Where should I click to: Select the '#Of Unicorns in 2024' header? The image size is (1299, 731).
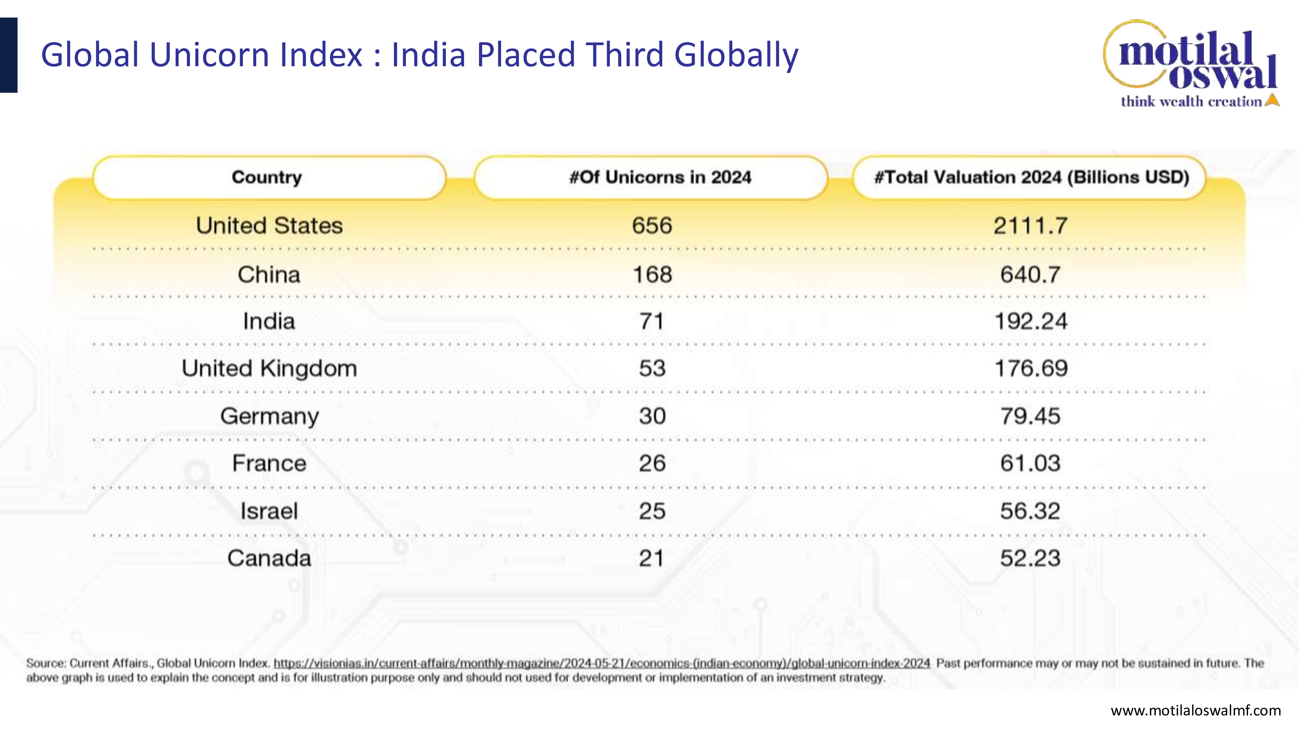660,177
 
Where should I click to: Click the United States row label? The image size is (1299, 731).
269,225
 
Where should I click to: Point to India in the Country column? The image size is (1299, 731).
269,321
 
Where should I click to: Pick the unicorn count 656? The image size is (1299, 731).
652,225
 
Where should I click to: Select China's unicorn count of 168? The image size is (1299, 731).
652,275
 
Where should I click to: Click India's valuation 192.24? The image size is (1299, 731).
1031,321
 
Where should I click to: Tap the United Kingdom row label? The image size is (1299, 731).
269,369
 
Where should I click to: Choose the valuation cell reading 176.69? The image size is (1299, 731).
1031,368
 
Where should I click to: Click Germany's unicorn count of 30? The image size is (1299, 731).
652,416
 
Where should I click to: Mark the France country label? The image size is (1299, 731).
269,463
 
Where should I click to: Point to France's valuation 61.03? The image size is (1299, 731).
1030,463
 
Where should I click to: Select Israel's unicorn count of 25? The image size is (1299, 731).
652,511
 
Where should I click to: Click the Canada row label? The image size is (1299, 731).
269,558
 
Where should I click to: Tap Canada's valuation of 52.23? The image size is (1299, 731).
1030,558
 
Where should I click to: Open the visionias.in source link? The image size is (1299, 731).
601,663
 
